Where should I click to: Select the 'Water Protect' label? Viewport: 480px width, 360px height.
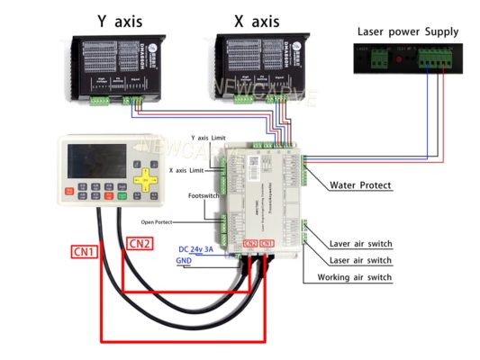(x=361, y=185)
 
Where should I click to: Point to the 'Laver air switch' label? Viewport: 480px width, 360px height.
(x=360, y=244)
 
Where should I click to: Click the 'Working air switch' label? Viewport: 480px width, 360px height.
(x=354, y=277)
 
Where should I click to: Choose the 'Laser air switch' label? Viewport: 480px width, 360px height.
(x=359, y=260)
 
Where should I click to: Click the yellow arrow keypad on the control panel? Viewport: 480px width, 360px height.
(x=141, y=180)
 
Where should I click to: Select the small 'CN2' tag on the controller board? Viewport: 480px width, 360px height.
(x=249, y=244)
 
